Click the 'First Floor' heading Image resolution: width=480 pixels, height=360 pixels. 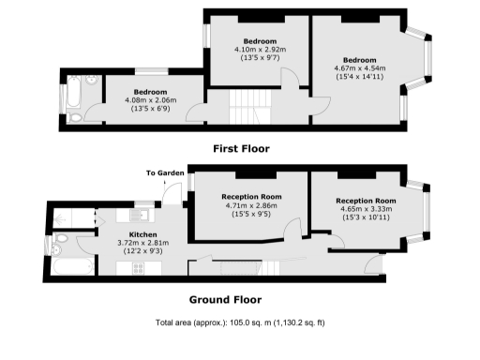240,148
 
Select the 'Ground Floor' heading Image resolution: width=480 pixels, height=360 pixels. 225,300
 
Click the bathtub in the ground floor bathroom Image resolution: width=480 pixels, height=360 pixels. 70,269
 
